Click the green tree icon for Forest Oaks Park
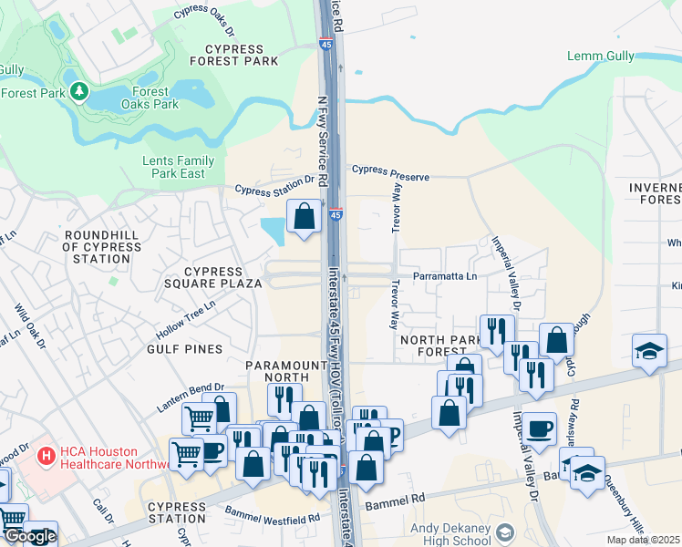(80, 91)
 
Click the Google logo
(29, 536)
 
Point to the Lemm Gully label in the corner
(600, 56)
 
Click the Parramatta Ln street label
(446, 276)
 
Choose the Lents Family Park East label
(179, 167)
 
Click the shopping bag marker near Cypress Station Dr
(305, 216)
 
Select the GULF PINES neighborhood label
(185, 349)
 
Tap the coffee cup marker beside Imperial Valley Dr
(538, 428)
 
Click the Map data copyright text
(642, 540)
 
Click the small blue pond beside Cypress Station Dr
(273, 228)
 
